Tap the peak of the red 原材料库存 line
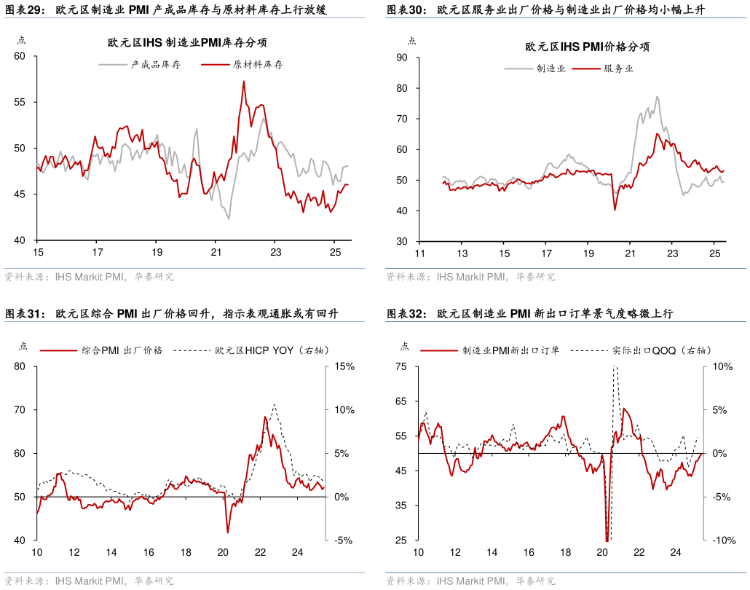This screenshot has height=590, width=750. click(243, 81)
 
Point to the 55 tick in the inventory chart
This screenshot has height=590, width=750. click(20, 102)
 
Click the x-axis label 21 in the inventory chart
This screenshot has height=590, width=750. click(216, 253)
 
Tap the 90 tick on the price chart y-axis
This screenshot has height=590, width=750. click(402, 58)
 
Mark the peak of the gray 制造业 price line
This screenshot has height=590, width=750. click(657, 96)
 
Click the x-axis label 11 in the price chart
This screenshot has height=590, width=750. click(419, 253)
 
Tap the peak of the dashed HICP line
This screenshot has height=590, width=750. click(274, 405)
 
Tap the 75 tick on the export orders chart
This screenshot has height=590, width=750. click(400, 367)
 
